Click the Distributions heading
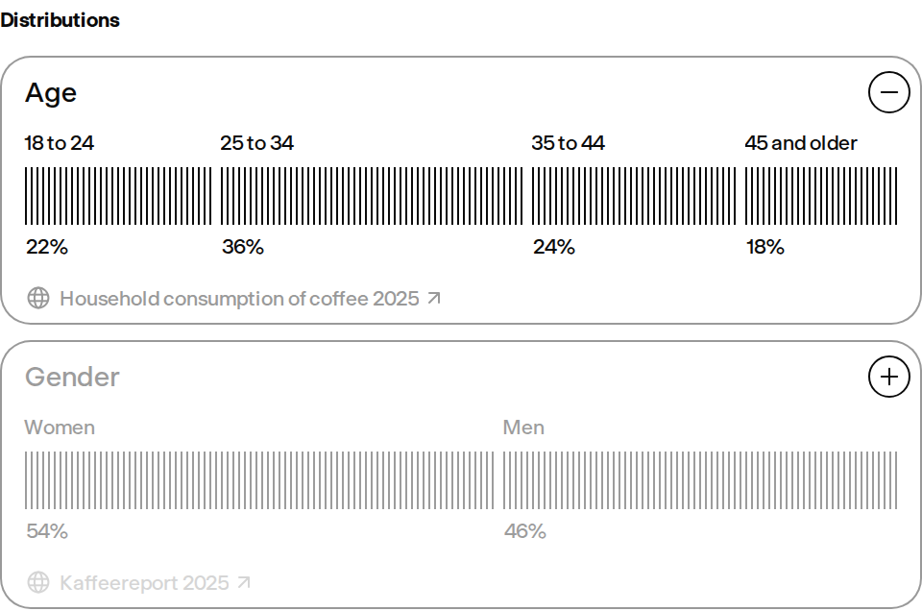pyautogui.click(x=60, y=20)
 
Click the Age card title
pyautogui.click(x=51, y=93)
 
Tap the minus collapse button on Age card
pyautogui.click(x=889, y=91)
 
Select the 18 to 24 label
pyautogui.click(x=59, y=143)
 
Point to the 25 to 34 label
pyautogui.click(x=257, y=143)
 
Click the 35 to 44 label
pyautogui.click(x=568, y=143)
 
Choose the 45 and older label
pyautogui.click(x=801, y=143)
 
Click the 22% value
pyautogui.click(x=47, y=247)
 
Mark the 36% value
pyautogui.click(x=243, y=247)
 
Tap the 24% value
pyautogui.click(x=554, y=247)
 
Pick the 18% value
pyautogui.click(x=765, y=247)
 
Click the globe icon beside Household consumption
pyautogui.click(x=38, y=298)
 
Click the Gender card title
pyautogui.click(x=72, y=377)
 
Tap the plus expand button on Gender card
pyautogui.click(x=889, y=377)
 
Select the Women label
pyautogui.click(x=60, y=428)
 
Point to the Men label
pyautogui.click(x=523, y=428)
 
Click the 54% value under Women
pyautogui.click(x=47, y=531)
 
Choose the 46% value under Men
pyautogui.click(x=525, y=531)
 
